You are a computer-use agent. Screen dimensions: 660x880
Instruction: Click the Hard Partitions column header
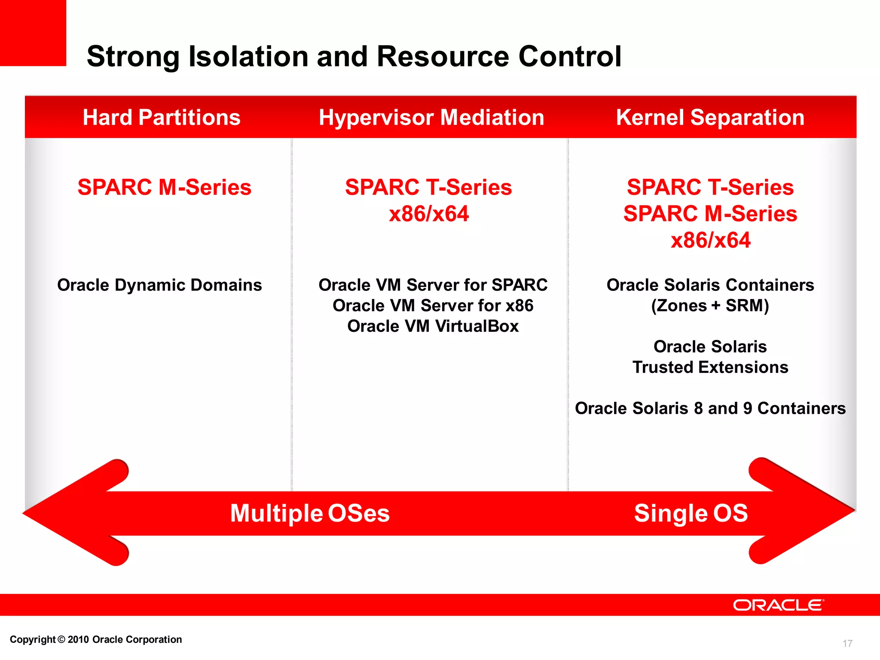[162, 117]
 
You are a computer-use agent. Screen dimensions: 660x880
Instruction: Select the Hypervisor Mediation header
[431, 117]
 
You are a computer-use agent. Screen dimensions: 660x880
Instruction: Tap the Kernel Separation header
[710, 117]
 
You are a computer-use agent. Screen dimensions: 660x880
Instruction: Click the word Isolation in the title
[248, 56]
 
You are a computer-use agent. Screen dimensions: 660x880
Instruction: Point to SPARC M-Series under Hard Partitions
[164, 187]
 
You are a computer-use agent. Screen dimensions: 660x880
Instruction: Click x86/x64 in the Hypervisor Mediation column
[428, 214]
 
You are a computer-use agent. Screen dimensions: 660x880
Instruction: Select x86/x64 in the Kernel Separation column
[710, 240]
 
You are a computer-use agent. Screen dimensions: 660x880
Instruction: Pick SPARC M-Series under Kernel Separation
[710, 214]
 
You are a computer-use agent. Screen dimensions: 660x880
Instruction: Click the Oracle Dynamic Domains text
[159, 285]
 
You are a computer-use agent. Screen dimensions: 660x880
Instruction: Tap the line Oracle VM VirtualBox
[433, 327]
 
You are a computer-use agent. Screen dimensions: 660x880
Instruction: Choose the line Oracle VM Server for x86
[433, 306]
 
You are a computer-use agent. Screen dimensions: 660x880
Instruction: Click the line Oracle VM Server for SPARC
[433, 285]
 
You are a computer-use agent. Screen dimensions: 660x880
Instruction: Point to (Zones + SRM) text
[710, 306]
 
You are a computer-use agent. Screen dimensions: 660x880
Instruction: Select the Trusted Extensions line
[710, 367]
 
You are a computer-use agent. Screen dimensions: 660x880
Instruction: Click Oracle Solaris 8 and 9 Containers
[710, 409]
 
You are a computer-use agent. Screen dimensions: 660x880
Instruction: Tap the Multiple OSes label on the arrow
[310, 513]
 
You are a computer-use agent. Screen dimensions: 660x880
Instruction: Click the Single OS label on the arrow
[691, 513]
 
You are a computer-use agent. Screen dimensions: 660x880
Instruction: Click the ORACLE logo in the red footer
[778, 605]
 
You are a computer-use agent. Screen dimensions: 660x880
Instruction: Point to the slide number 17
[847, 643]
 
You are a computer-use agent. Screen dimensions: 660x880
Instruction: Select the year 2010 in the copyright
[78, 640]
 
